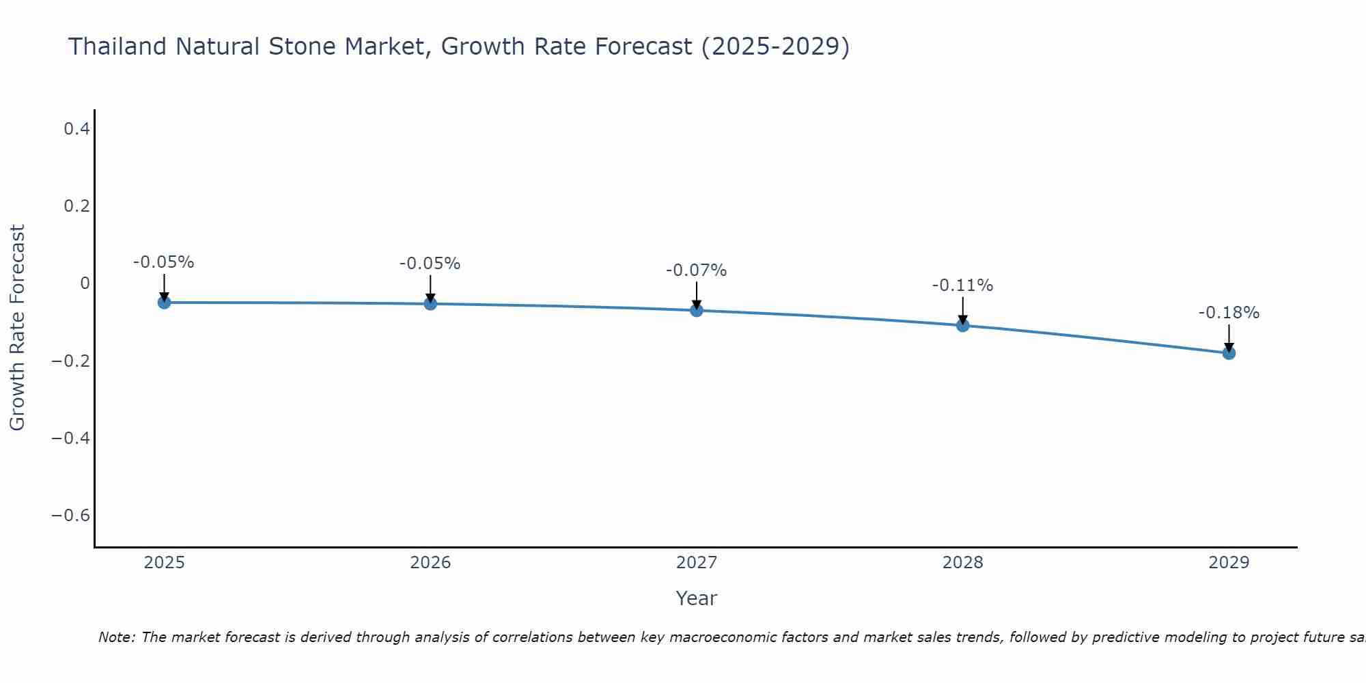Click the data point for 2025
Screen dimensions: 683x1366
click(164, 302)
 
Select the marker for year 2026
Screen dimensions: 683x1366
click(430, 303)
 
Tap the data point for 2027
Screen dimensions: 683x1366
click(697, 310)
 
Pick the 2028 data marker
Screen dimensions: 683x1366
click(963, 325)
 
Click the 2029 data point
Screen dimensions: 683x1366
click(1229, 352)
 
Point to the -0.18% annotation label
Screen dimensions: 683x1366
click(1229, 313)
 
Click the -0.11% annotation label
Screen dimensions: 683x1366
click(962, 285)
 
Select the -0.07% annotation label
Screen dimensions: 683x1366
click(696, 270)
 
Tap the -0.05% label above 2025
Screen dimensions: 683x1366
click(163, 262)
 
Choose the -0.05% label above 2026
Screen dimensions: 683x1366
click(430, 264)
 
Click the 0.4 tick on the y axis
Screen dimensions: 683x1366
click(76, 128)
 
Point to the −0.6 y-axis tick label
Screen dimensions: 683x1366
click(70, 515)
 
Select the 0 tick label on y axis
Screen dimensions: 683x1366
click(85, 283)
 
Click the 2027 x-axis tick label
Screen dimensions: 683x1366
click(697, 563)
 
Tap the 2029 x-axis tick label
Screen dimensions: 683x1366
click(1229, 563)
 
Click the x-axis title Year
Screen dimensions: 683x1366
click(696, 598)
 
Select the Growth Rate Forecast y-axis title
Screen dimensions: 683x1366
click(17, 328)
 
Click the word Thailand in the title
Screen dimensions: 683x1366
click(117, 47)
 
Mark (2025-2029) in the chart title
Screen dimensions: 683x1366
click(775, 47)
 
